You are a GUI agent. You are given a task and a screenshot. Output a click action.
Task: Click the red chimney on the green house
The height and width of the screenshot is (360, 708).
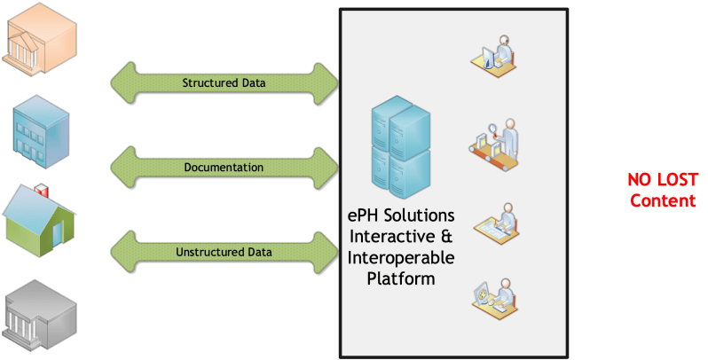(40, 190)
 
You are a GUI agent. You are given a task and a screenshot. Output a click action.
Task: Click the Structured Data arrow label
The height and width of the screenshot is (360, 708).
(223, 83)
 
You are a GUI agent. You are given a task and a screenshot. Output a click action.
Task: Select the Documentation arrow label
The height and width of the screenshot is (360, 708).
(224, 167)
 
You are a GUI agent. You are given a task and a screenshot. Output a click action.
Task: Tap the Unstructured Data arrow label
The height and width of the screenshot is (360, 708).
(224, 252)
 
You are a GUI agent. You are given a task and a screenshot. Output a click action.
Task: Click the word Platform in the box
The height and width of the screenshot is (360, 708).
(401, 278)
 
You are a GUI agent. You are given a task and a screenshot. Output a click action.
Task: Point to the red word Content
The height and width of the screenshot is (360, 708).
(663, 200)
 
